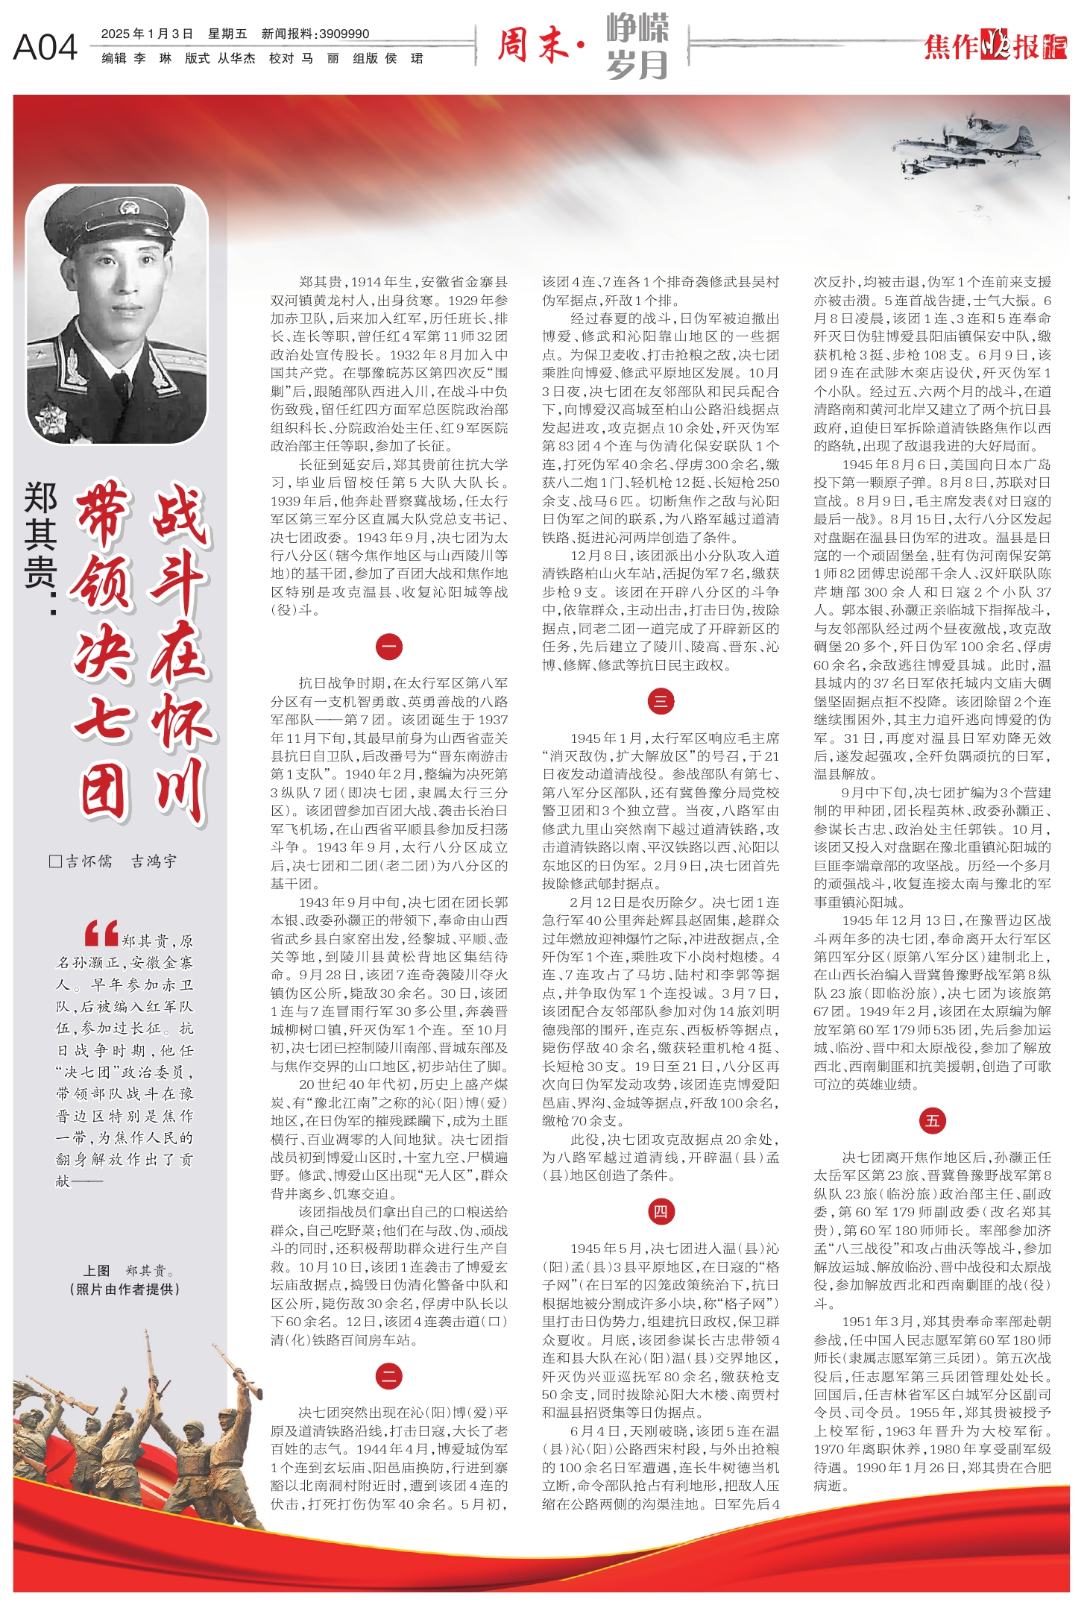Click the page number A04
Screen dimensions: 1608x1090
(x=45, y=47)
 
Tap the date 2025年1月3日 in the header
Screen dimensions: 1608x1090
(x=147, y=34)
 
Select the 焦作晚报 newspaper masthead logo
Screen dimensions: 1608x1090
(x=995, y=46)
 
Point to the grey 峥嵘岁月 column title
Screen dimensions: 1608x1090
(x=637, y=46)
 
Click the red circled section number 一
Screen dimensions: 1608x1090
(x=389, y=647)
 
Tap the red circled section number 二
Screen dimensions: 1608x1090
(x=389, y=1376)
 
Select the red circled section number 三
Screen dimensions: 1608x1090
(x=661, y=701)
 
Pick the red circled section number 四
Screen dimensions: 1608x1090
(x=661, y=1212)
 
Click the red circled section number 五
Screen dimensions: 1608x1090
(x=932, y=1121)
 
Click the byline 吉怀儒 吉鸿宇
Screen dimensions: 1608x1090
(x=113, y=861)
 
